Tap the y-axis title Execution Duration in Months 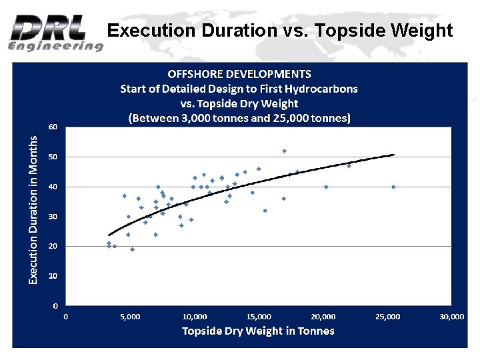coord(33,209)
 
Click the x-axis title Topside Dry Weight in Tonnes coord(258,331)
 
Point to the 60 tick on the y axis coord(52,126)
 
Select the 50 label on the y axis coord(52,157)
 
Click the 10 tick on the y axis coord(52,275)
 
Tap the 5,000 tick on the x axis coord(130,317)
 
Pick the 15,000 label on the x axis coord(259,317)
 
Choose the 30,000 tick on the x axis coord(452,317)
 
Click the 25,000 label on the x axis coord(387,317)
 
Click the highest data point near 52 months coord(284,151)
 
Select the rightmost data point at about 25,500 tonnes coord(393,187)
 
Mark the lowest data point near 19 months coord(132,249)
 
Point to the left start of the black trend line coord(109,235)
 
